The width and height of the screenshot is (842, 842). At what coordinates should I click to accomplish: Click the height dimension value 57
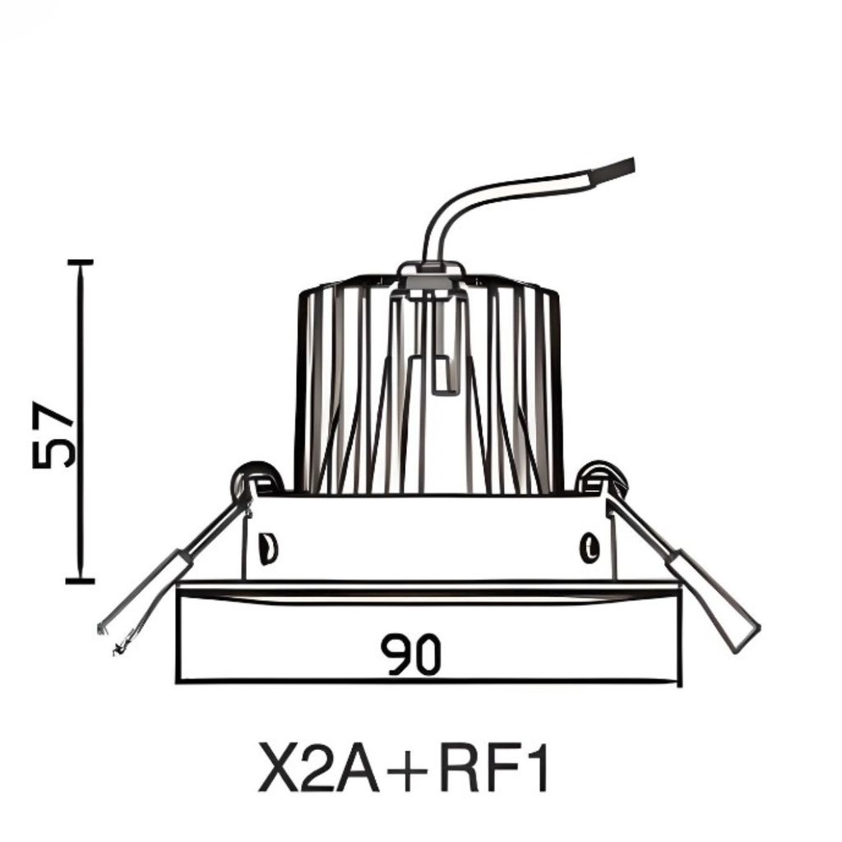pyautogui.click(x=54, y=435)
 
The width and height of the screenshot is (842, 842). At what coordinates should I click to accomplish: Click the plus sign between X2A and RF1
pyautogui.click(x=410, y=770)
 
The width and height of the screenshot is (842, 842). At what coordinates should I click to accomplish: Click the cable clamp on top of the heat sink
pyautogui.click(x=431, y=275)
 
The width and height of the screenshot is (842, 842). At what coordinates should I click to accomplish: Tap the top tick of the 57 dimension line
pyautogui.click(x=80, y=261)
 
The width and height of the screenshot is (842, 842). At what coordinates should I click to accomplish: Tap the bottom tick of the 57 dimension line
pyautogui.click(x=80, y=581)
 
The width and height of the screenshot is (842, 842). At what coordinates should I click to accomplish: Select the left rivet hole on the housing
pyautogui.click(x=266, y=548)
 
